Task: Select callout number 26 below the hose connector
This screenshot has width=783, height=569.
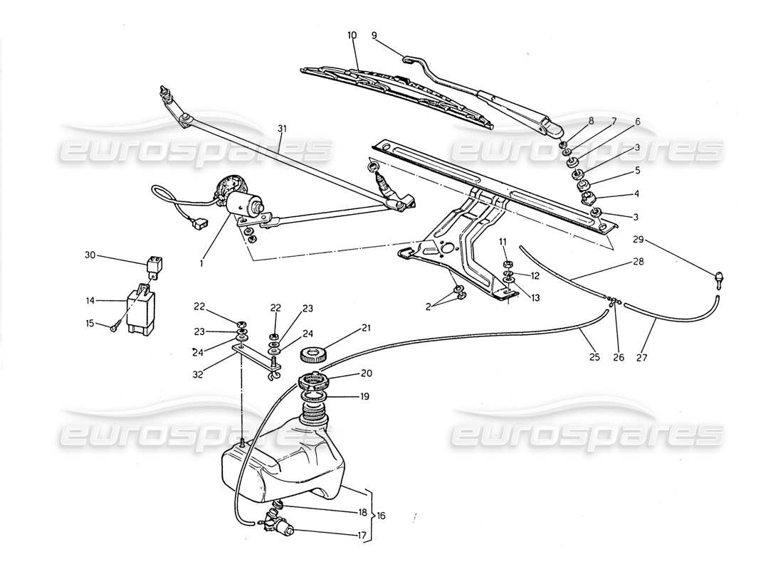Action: click(x=618, y=358)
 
